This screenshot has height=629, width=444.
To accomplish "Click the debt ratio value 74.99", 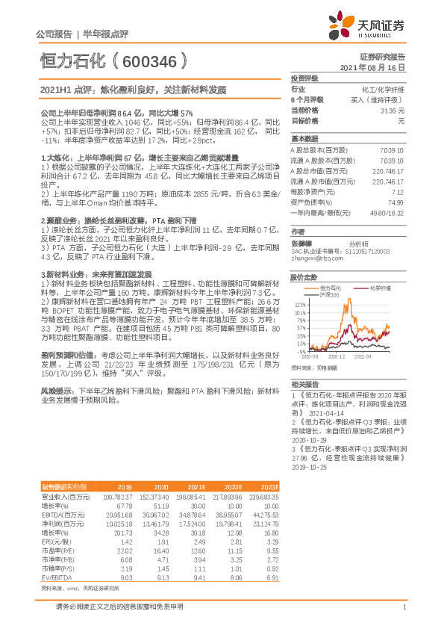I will (395, 202).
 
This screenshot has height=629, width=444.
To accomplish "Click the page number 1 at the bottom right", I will (404, 608).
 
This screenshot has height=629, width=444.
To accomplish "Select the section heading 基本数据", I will (304, 139).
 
